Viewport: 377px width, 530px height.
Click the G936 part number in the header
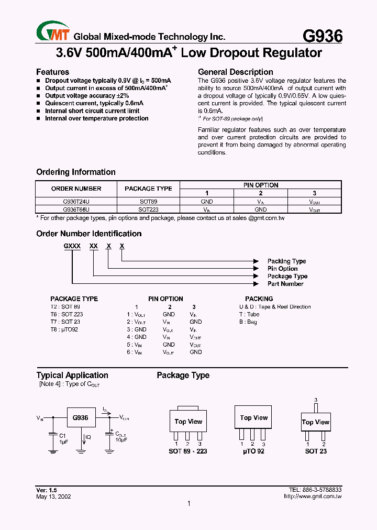click(x=323, y=36)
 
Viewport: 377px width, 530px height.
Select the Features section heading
click(x=52, y=72)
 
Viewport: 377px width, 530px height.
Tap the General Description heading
click(x=235, y=72)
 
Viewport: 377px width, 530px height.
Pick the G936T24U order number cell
click(x=76, y=201)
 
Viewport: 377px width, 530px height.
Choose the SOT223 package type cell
click(x=148, y=209)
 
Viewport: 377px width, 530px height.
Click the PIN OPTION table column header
click(x=260, y=185)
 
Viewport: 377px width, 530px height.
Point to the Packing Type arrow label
click(x=286, y=261)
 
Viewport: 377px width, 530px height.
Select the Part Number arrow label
click(x=285, y=284)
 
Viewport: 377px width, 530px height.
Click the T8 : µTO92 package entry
click(x=64, y=329)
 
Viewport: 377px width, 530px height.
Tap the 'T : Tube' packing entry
click(x=249, y=314)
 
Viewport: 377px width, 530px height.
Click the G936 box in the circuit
click(x=80, y=418)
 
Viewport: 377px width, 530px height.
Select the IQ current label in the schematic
click(x=88, y=436)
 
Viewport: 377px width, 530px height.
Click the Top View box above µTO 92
click(x=254, y=418)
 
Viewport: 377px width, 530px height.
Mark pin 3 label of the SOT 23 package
click(x=316, y=400)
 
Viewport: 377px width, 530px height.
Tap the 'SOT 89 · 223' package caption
click(x=187, y=451)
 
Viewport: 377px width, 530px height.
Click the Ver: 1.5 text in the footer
click(x=46, y=489)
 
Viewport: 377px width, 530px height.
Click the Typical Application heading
click(x=72, y=375)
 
